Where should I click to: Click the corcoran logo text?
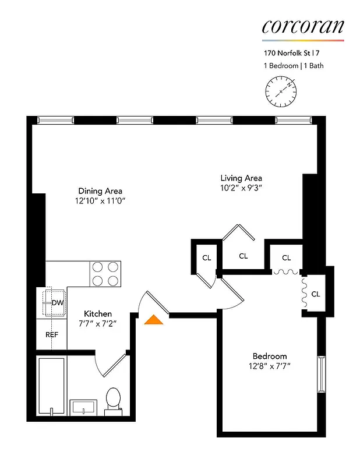tap(302, 26)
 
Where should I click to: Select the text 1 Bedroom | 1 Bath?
tap(292, 66)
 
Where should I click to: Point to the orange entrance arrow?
tap(154, 319)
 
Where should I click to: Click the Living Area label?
tap(241, 178)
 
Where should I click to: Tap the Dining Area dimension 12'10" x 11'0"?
tap(100, 200)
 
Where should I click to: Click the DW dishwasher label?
tap(57, 303)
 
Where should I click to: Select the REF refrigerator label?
tap(52, 335)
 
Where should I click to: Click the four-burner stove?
tap(106, 273)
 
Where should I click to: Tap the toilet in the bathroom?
tap(113, 401)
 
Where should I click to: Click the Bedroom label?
tap(269, 356)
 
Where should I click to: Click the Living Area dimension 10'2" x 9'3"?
tap(241, 188)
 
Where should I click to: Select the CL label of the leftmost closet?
tap(206, 257)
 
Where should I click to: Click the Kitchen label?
tap(98, 313)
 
